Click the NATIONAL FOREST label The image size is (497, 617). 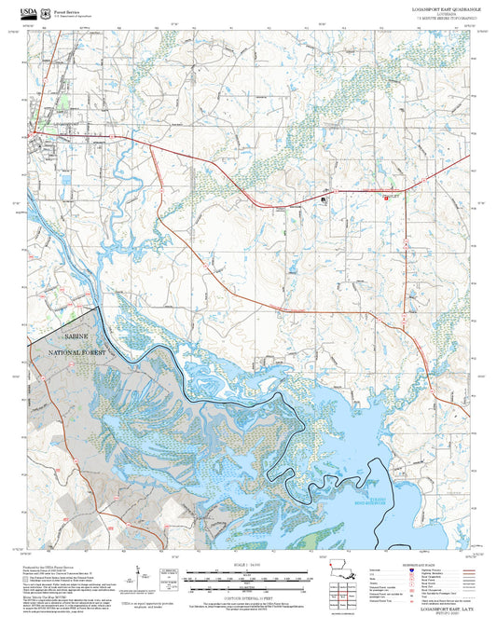[x=73, y=351]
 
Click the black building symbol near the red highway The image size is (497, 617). [x=324, y=199]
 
